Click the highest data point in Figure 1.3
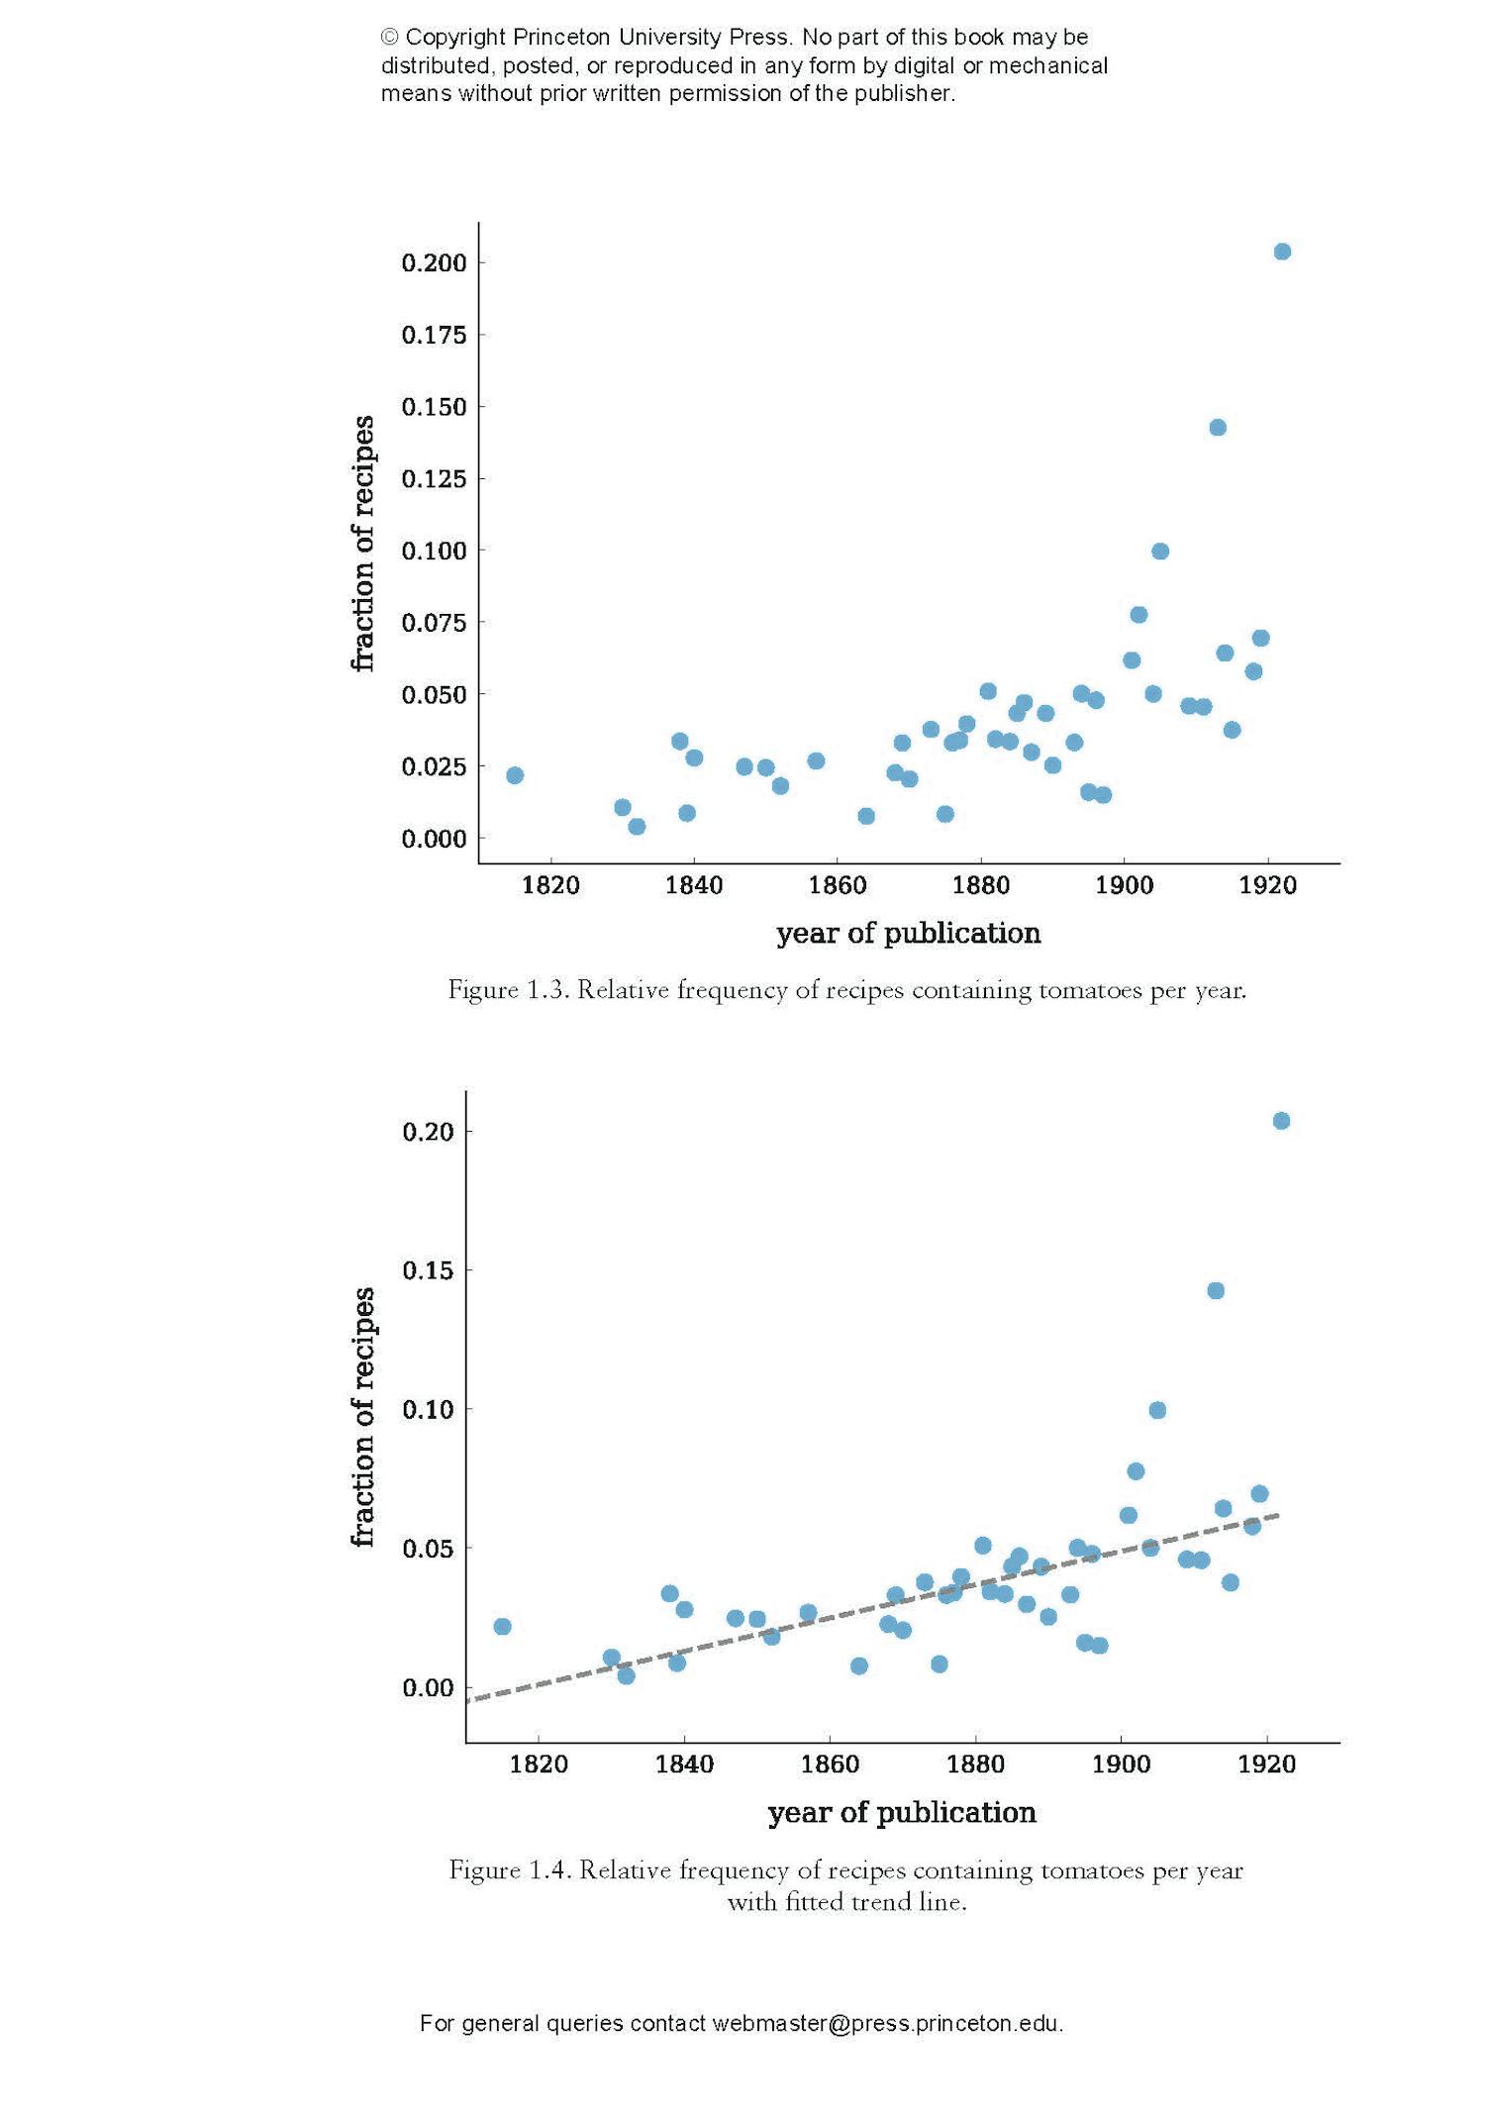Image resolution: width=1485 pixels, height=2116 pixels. click(1281, 252)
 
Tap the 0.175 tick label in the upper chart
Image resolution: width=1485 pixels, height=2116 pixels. click(434, 335)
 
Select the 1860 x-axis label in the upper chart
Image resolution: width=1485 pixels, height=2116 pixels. click(837, 885)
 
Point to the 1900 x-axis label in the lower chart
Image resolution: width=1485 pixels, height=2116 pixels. click(1121, 1764)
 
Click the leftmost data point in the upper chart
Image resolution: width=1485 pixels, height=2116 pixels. click(515, 775)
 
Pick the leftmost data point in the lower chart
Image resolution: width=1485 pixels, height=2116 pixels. click(502, 1627)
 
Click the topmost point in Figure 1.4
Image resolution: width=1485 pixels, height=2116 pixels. click(1280, 1121)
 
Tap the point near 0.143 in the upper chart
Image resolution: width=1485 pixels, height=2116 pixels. click(1217, 428)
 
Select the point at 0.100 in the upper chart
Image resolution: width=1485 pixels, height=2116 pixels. click(1160, 552)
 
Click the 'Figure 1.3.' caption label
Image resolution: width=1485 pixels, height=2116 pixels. click(508, 989)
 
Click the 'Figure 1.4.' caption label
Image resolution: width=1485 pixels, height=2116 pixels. click(509, 1869)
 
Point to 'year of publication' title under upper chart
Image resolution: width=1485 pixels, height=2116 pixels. click(908, 933)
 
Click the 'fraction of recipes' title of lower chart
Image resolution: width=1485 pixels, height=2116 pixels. click(363, 1417)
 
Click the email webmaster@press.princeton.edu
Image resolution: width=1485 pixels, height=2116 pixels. click(887, 2023)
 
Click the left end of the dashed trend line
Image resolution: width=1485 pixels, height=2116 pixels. click(468, 1699)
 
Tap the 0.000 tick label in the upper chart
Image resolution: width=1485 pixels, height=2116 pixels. click(434, 839)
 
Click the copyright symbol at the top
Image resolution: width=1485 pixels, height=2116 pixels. click(389, 38)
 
